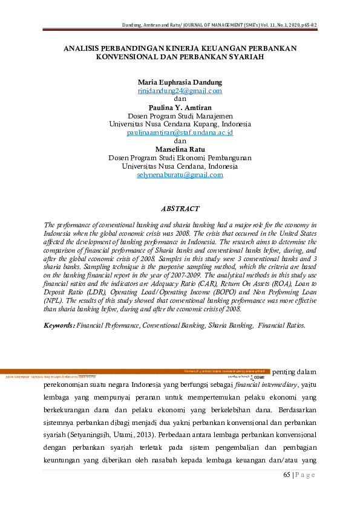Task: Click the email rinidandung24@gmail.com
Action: [180, 91]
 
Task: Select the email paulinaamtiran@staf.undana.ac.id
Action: [180, 132]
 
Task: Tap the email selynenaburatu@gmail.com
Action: [180, 175]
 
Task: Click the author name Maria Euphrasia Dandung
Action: [180, 82]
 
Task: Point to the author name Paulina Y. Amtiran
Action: [180, 108]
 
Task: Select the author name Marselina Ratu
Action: [180, 149]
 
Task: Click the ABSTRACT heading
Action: [180, 209]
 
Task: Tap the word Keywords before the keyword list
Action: [59, 325]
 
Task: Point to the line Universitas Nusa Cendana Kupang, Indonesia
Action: [180, 124]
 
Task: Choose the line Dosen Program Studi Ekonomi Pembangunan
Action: [180, 158]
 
